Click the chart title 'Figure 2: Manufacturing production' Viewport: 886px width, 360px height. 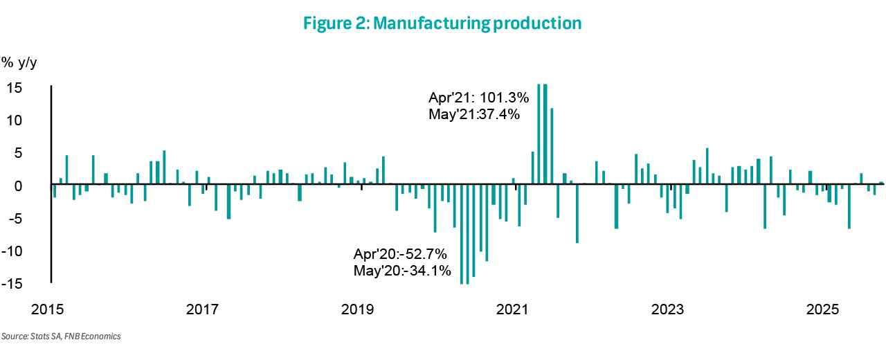[x=442, y=24]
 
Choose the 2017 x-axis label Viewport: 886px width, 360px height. [x=202, y=308]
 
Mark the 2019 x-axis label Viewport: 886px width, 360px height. [x=357, y=308]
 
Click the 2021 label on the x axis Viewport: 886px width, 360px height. [x=513, y=308]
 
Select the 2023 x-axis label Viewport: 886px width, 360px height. [x=668, y=308]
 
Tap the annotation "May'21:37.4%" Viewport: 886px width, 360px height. [x=474, y=114]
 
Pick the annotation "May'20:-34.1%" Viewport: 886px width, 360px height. [x=402, y=269]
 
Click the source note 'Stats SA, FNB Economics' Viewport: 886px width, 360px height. [x=61, y=336]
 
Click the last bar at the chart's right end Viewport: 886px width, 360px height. [x=881, y=183]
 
